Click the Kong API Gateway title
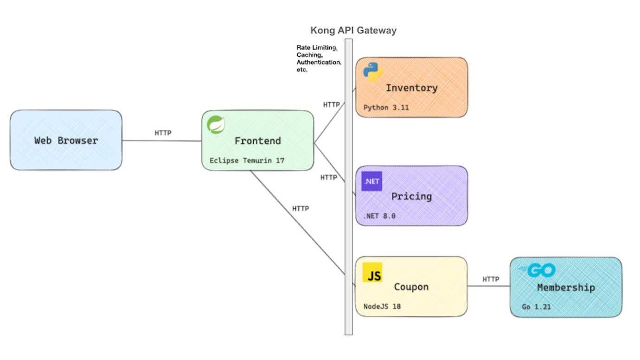pos(353,31)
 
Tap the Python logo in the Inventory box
pos(373,71)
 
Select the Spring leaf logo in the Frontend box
pos(216,125)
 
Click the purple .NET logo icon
pos(371,181)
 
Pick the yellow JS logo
pos(372,273)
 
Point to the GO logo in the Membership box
pos(537,270)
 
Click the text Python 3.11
pos(386,107)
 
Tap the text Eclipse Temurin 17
pos(247,161)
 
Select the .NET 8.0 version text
pos(379,216)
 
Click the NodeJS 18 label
pos(382,306)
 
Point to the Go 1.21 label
pos(536,306)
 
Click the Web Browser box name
pos(66,140)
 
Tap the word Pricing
pos(411,196)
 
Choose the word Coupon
pos(411,287)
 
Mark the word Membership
pos(566,288)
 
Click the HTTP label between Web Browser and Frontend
pos(163,133)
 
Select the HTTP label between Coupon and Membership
pos(491,279)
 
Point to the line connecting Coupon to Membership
pos(488,286)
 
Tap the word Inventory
pos(411,88)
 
